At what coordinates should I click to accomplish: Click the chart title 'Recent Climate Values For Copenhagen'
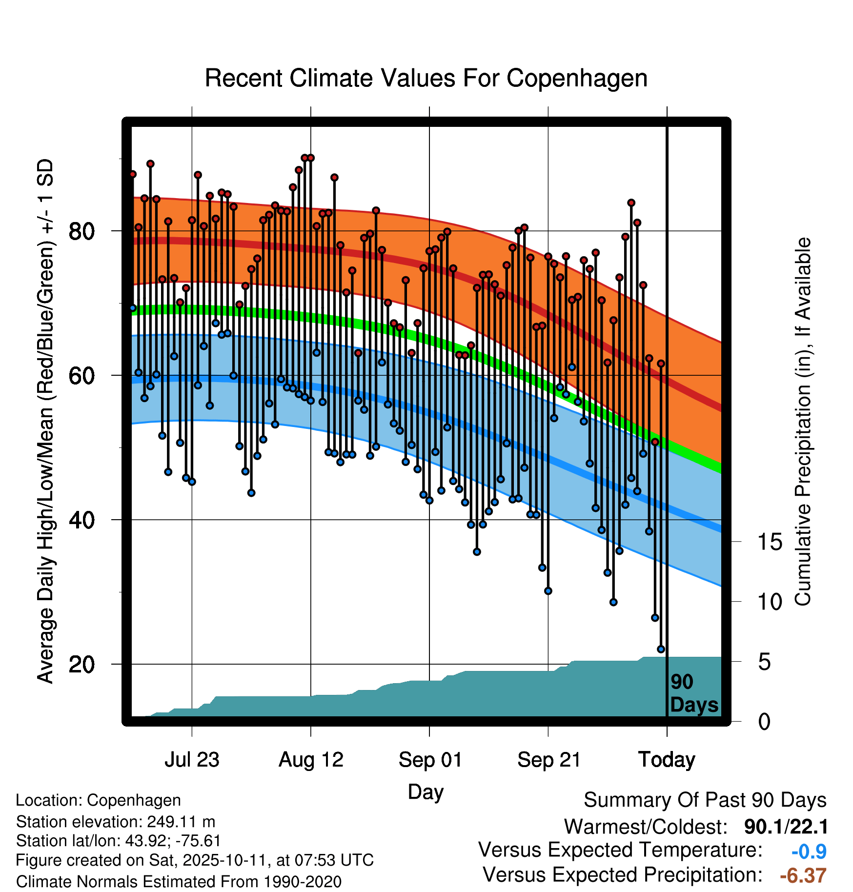tap(426, 78)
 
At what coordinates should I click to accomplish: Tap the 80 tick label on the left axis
tap(81, 231)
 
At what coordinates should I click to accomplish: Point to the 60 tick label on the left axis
tap(81, 375)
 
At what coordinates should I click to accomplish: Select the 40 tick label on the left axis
tap(81, 520)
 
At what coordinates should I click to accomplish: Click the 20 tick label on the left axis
tap(81, 664)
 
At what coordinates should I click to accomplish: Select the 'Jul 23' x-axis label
tap(192, 760)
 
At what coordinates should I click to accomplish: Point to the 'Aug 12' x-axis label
tap(311, 760)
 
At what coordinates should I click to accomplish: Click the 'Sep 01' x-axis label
tap(430, 760)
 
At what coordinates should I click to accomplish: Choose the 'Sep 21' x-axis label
tap(548, 760)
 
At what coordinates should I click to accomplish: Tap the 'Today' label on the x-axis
tap(667, 760)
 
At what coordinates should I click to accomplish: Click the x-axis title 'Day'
tap(426, 791)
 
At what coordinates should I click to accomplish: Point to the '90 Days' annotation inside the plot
tap(693, 693)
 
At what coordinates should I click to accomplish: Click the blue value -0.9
tap(809, 851)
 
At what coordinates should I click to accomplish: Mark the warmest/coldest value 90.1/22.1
tap(786, 827)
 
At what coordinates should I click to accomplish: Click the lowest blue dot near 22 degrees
tap(661, 649)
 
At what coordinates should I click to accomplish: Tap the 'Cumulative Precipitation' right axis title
tap(803, 422)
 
